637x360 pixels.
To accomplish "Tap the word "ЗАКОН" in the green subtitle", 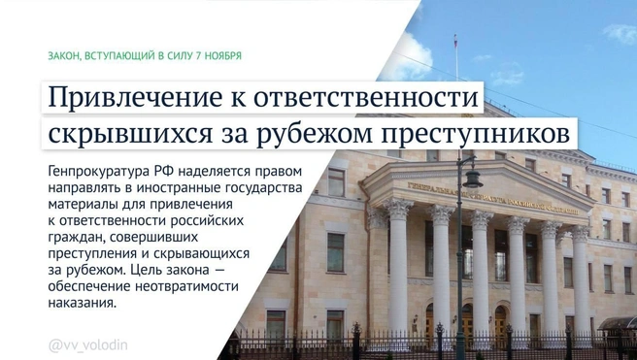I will click(x=63, y=56).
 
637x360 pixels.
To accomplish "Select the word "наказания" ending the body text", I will click(x=81, y=304).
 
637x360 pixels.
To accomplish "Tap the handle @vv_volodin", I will click(x=88, y=344).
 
